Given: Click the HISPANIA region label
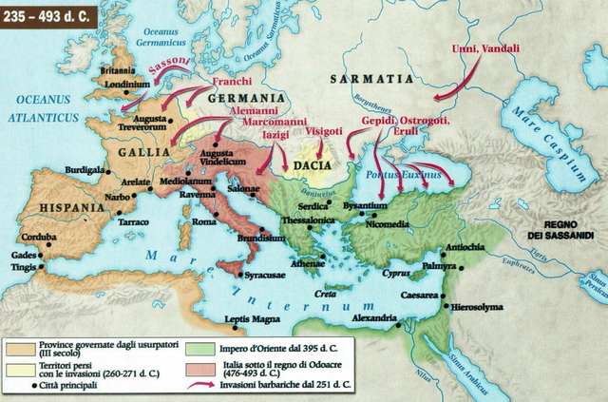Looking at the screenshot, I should pos(67,206).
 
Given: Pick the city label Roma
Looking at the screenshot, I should pos(204,220).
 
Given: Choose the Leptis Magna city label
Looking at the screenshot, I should pos(252,318).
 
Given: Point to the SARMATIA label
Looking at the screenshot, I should pos(370,79).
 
